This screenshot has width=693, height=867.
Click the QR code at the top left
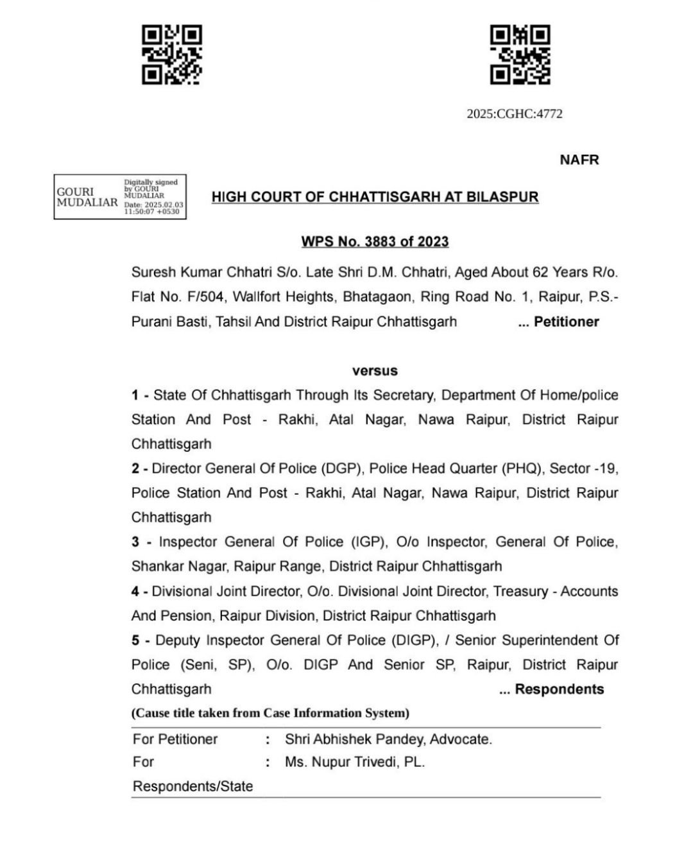tap(171, 55)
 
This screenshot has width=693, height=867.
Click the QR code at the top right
tap(520, 55)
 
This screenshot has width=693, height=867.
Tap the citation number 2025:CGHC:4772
tap(515, 114)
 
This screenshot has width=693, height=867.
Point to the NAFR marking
tap(579, 160)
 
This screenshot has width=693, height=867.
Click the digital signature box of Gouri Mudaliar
tap(120, 197)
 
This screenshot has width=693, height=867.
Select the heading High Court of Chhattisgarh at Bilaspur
tap(375, 197)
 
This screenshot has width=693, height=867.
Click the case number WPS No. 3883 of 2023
tap(375, 242)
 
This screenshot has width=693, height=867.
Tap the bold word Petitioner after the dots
tap(567, 322)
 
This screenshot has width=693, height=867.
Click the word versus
tap(375, 371)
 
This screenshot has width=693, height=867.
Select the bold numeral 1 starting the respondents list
tap(135, 395)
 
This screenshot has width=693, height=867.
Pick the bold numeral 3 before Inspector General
tap(135, 542)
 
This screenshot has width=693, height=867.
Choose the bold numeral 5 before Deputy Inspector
tap(135, 640)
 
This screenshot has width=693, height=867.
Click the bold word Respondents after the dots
tap(559, 690)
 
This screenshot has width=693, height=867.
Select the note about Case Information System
tap(270, 713)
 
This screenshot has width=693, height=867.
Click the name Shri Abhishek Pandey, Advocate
tap(388, 739)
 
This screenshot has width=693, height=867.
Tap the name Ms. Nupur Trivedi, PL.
tap(355, 762)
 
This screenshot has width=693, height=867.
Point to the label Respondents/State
tap(193, 786)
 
